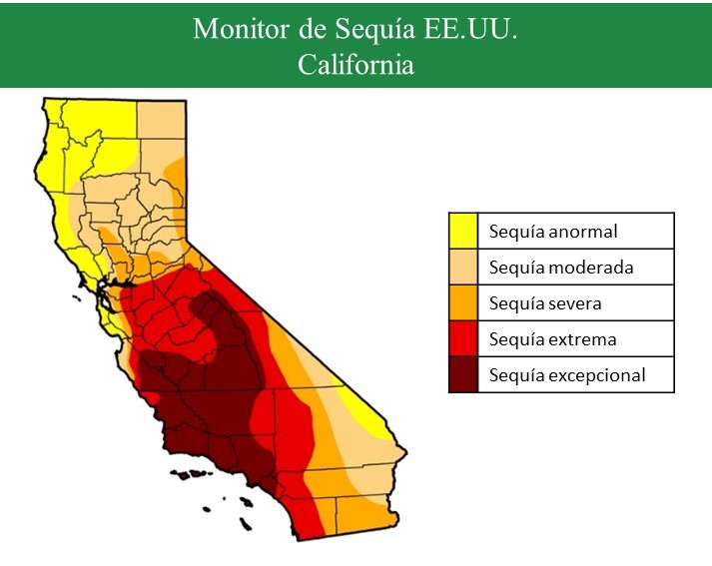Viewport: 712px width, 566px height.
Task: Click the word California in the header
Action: [356, 64]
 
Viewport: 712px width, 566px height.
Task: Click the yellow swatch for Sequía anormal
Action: [462, 232]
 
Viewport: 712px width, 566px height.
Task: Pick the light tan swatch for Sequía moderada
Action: [462, 268]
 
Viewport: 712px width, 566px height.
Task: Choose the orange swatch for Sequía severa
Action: [462, 303]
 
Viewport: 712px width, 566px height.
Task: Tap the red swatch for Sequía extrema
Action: [462, 339]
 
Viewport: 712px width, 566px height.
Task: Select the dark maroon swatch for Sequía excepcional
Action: [462, 375]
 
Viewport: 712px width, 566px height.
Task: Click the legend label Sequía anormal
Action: [553, 232]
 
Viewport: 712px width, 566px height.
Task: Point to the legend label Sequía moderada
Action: [561, 268]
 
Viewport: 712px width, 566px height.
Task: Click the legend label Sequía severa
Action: [545, 303]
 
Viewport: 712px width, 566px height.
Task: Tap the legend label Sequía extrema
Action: [552, 339]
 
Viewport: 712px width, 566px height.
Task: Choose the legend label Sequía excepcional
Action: [567, 375]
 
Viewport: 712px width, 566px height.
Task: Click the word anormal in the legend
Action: [582, 232]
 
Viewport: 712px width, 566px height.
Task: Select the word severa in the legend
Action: [574, 303]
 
